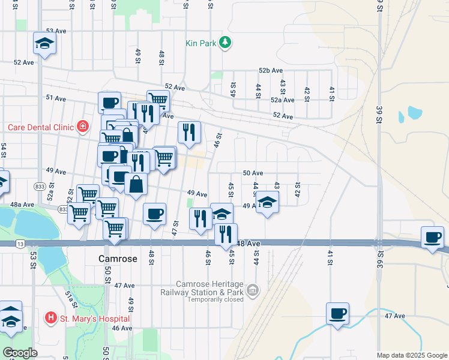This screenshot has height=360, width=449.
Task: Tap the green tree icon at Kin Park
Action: coord(225,42)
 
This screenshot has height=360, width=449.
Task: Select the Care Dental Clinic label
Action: coord(40,127)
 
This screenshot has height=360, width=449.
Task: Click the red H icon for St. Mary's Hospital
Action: coord(51,317)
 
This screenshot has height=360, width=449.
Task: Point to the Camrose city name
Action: coord(118,259)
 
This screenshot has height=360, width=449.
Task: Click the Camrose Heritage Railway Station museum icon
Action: coord(253,291)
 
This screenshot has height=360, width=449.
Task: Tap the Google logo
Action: coord(20,353)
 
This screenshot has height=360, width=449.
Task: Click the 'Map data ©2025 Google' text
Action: coord(412,355)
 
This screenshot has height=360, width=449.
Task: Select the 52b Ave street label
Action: coord(271,70)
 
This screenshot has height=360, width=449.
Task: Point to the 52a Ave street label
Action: coord(283,100)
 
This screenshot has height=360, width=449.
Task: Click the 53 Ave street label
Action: coord(55,30)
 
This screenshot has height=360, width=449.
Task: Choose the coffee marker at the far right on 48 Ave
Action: coord(432,237)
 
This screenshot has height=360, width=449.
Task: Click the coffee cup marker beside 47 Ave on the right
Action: coord(337,313)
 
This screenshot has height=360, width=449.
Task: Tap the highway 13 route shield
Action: coord(20,243)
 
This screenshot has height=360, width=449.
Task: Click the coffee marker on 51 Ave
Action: coord(110,102)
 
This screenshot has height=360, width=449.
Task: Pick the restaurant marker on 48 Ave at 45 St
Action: coord(226,234)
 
